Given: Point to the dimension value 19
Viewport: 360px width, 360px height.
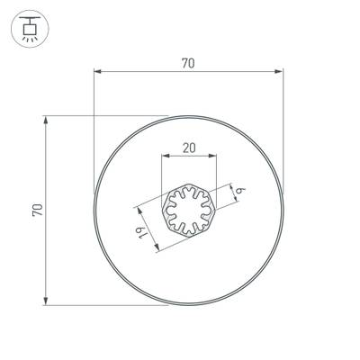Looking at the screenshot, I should click(x=143, y=235).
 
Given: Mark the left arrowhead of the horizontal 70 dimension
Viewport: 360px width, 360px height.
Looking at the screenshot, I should click(x=97, y=72).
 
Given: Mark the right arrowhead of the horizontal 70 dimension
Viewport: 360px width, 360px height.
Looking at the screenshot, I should click(x=281, y=72).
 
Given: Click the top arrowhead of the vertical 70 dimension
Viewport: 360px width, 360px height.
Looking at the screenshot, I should click(x=45, y=119).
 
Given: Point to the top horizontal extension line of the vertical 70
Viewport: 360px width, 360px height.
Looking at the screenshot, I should click(x=108, y=115).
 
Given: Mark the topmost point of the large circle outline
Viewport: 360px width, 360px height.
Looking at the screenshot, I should click(x=189, y=116).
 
